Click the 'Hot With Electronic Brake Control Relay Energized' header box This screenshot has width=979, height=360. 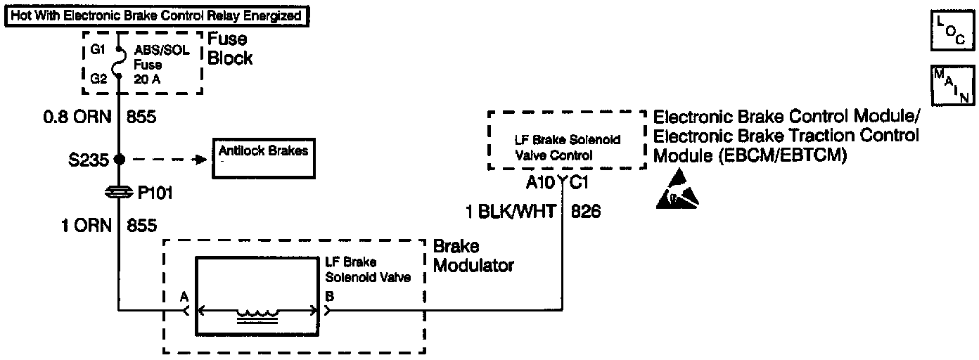[x=156, y=15]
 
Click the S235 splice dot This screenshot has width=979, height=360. [x=119, y=159]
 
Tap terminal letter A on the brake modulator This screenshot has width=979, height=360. [x=184, y=297]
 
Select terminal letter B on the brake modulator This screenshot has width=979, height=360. [x=329, y=297]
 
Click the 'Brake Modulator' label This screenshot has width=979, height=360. [x=473, y=256]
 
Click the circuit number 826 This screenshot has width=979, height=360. [x=586, y=211]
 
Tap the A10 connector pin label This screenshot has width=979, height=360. [x=542, y=183]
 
